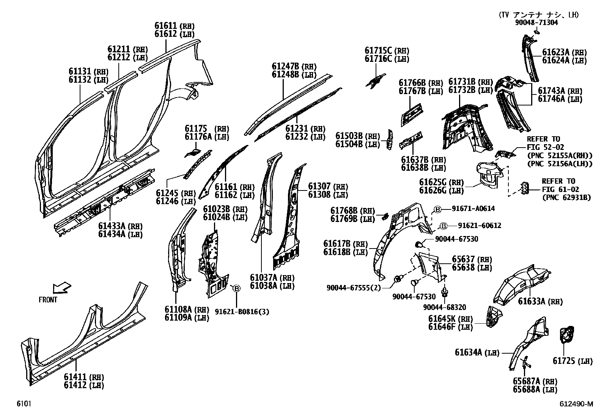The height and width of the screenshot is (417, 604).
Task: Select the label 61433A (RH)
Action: pos(120,227)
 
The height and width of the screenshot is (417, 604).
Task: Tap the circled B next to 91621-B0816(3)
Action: pos(236,289)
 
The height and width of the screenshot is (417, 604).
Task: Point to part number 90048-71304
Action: pos(536,22)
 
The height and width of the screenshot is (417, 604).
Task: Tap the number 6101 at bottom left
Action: pos(24,404)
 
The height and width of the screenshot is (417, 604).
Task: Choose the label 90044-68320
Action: pos(444,307)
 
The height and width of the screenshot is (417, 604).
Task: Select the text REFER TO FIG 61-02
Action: pos(558,185)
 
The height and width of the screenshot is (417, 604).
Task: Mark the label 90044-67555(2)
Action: pos(354,288)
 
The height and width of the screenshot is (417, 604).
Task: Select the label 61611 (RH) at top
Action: pos(174,26)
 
